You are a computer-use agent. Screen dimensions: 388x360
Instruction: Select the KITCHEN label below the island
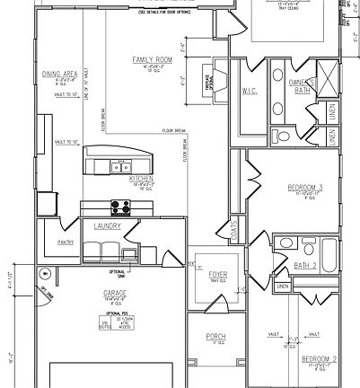point(142,180)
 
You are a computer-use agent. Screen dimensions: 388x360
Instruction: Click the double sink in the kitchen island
point(119,166)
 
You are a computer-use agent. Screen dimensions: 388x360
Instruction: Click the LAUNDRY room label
point(107,226)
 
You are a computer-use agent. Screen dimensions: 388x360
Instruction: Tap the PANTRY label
point(65,242)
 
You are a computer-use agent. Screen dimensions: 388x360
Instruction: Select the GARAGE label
point(114,292)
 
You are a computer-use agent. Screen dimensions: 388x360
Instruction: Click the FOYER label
point(218,275)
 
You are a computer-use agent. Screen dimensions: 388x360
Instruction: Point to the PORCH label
point(215,337)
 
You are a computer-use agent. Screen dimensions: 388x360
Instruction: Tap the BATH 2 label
point(307,265)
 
